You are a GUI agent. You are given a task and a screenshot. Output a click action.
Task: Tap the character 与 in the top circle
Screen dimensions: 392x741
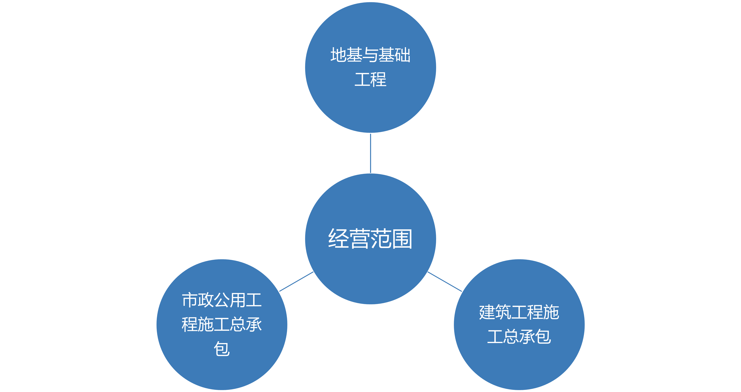[370, 55]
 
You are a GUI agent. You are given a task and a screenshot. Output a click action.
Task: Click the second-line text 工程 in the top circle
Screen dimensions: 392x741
[370, 79]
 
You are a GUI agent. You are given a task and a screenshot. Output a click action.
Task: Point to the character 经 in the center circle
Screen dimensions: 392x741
[339, 239]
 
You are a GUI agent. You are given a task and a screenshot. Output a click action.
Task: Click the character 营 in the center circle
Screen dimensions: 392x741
[360, 239]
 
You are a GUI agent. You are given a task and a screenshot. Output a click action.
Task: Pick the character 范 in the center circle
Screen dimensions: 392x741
[381, 239]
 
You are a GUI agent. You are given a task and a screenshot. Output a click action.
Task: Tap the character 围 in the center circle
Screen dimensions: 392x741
[402, 239]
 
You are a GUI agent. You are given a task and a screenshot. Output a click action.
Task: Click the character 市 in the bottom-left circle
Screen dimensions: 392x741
[190, 300]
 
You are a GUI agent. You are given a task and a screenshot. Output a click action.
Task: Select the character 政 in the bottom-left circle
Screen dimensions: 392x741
[206, 300]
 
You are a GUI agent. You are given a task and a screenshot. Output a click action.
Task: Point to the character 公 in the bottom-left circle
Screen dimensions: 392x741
[222, 300]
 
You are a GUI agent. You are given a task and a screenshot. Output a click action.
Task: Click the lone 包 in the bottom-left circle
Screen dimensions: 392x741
[222, 349]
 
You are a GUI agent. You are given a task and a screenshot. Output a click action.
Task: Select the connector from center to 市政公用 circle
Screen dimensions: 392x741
[296, 282]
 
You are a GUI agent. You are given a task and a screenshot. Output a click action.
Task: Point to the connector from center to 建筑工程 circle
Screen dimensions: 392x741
[445, 282]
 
